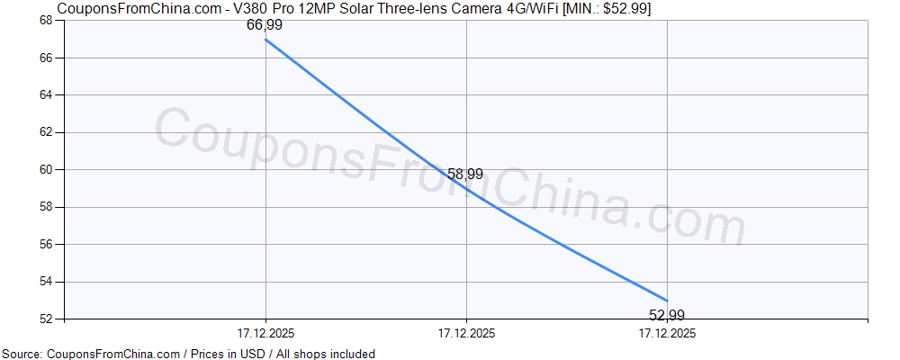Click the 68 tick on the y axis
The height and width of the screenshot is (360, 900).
pos(47,21)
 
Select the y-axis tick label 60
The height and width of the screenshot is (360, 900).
pos(47,169)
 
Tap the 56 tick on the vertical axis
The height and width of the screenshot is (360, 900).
pos(47,244)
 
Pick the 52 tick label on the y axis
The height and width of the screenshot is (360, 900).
pos(47,319)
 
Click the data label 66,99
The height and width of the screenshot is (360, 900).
pos(265,25)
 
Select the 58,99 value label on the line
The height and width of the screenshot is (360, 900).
pos(465,173)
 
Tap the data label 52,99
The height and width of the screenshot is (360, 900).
pos(667,315)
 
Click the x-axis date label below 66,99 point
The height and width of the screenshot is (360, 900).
pos(265,333)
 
